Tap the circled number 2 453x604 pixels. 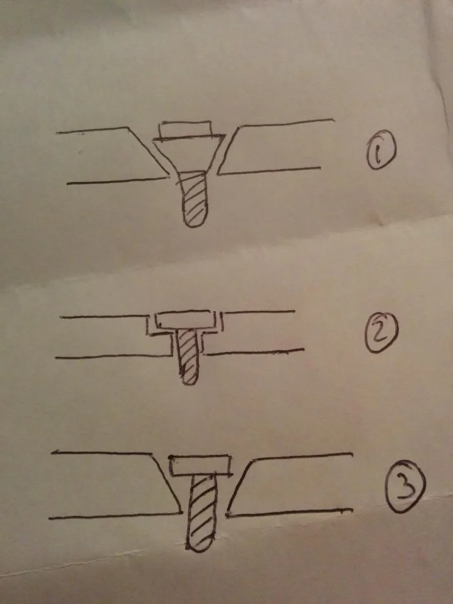tap(382, 333)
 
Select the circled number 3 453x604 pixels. tap(406, 486)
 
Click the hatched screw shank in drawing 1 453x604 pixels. tap(193, 198)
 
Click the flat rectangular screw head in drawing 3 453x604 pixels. tap(201, 466)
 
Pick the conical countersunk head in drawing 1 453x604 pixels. tap(189, 154)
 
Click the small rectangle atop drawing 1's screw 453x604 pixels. tap(185, 129)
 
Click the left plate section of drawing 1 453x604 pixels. tap(116, 154)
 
